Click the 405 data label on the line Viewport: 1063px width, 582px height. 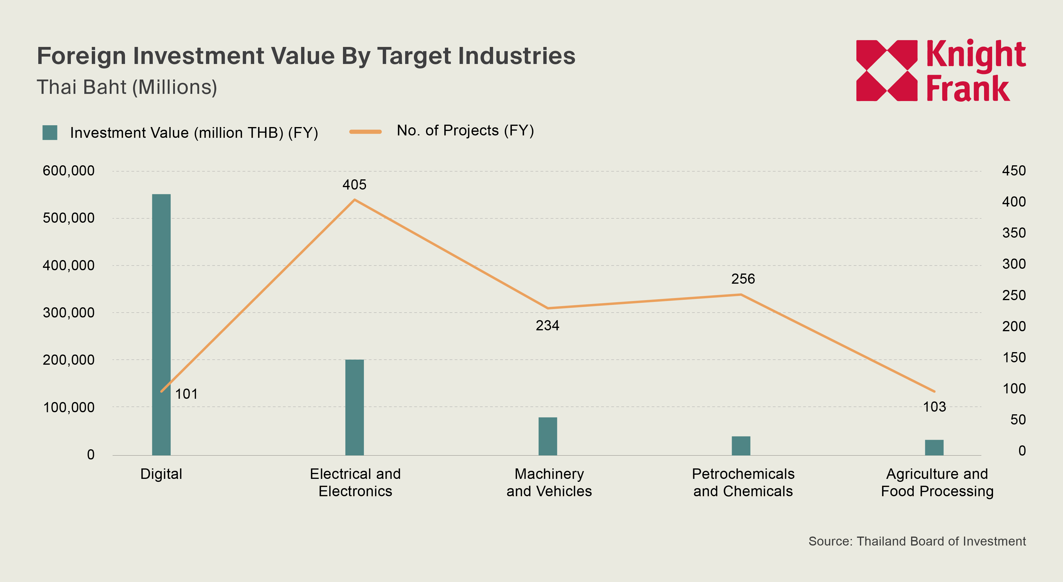click(354, 185)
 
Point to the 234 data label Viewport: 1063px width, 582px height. click(547, 326)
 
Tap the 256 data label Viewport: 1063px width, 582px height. click(743, 279)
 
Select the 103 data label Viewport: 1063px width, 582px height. click(934, 407)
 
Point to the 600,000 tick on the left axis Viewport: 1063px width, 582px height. click(68, 171)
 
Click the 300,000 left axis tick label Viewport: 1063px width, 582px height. click(68, 313)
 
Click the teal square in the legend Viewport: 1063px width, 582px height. click(50, 133)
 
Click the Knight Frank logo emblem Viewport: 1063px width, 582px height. click(886, 71)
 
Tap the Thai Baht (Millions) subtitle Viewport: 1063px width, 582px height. click(127, 88)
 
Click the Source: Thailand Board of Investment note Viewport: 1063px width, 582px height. click(917, 541)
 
